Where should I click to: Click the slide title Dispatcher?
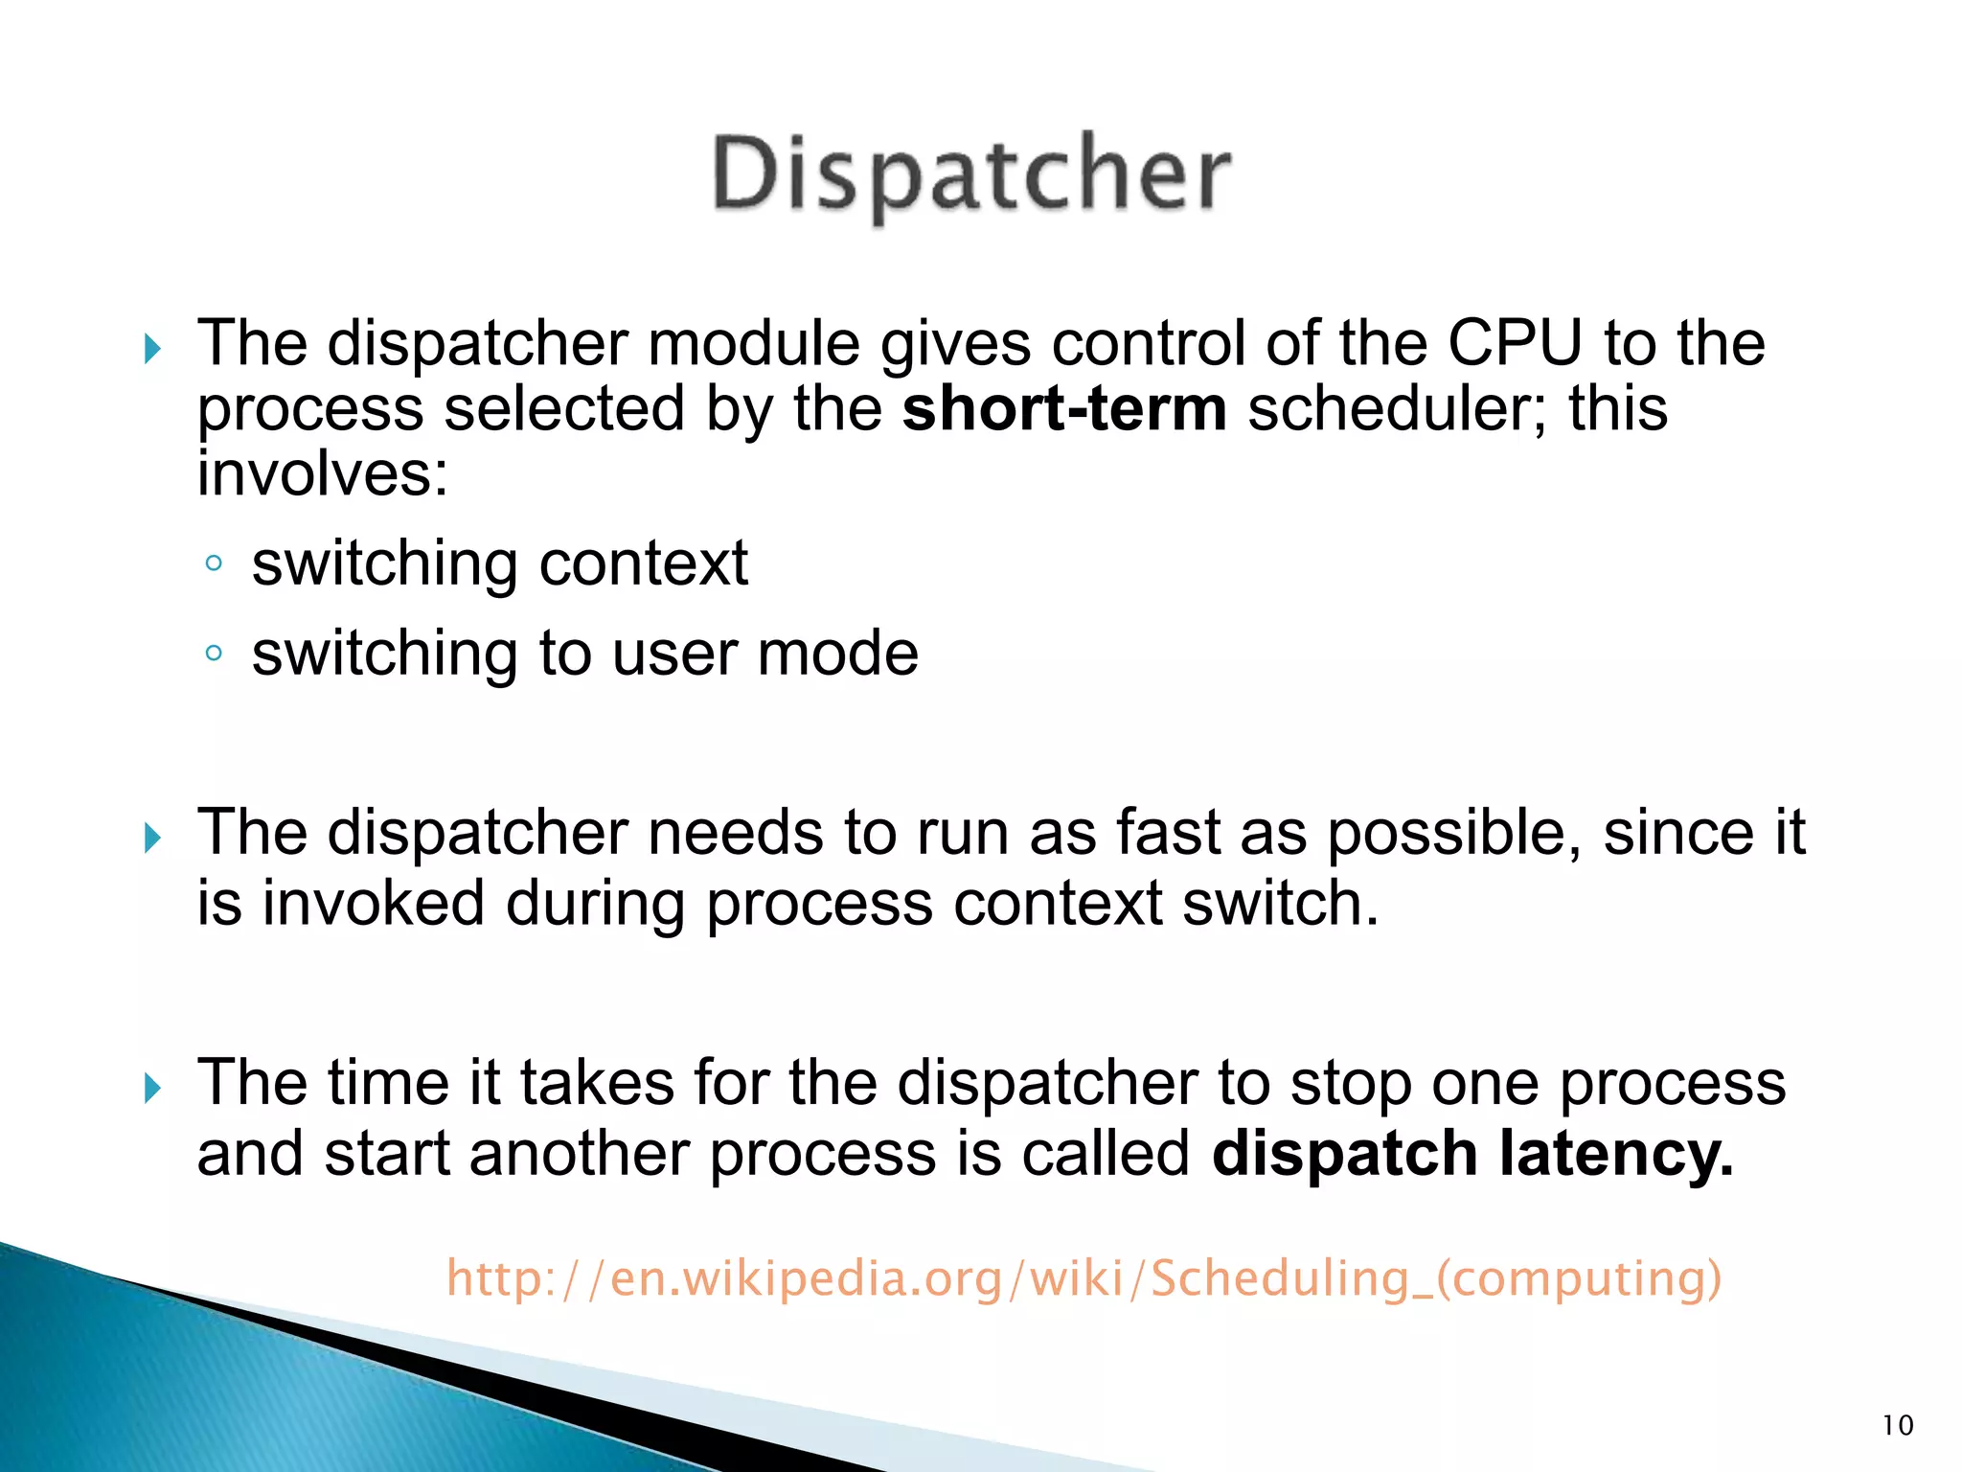pos(970,175)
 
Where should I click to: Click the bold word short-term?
pos(1063,409)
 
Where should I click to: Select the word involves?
pos(322,474)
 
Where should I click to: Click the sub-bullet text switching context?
pos(499,563)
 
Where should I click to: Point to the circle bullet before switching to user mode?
pos(214,654)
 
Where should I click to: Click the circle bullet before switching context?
pos(214,563)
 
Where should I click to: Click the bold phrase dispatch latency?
pos(1471,1154)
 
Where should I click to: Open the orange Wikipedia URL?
pos(1084,1278)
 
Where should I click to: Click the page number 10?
pos(1897,1425)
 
